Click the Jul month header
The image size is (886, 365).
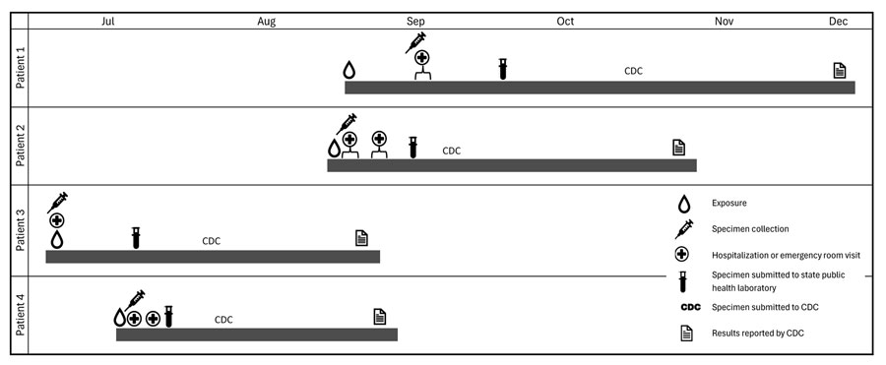[108, 21]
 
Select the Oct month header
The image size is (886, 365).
[566, 21]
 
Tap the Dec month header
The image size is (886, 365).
[839, 21]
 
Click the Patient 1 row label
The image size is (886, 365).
[20, 67]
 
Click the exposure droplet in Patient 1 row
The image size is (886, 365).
[348, 70]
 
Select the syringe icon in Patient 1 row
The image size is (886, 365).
[415, 42]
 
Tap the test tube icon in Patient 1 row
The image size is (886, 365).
[502, 68]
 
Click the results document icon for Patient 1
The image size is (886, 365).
[840, 70]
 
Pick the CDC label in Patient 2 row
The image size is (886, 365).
[451, 151]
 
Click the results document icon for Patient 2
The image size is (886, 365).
[678, 148]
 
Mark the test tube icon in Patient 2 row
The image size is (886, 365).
[413, 147]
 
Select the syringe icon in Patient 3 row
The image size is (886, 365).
[57, 203]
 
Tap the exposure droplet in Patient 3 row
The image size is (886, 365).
[57, 239]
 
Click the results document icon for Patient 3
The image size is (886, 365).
[361, 237]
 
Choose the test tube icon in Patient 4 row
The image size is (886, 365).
[168, 316]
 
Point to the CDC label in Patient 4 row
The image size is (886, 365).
[223, 319]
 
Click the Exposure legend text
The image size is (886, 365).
[728, 204]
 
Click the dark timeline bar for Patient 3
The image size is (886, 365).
[213, 257]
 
